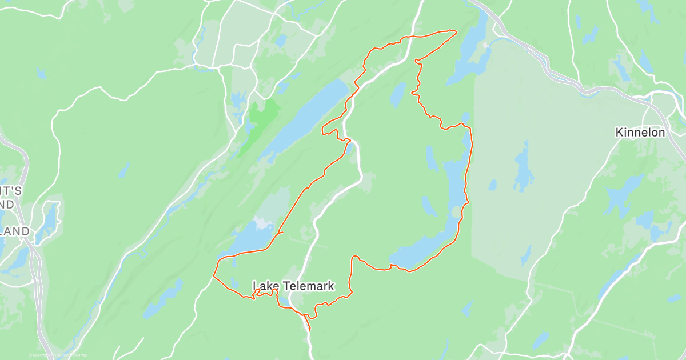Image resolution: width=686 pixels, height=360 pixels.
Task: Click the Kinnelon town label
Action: pyautogui.click(x=640, y=133)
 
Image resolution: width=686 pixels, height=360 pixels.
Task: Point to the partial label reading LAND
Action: pyautogui.click(x=14, y=231)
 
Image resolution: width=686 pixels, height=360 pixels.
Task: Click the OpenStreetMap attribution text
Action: pyautogui.click(x=58, y=355)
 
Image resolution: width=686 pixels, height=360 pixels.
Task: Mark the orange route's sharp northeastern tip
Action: pyautogui.click(x=456, y=31)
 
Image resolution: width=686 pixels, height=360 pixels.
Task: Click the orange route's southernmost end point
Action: pyautogui.click(x=310, y=330)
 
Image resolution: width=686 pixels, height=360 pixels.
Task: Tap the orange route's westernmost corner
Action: pyautogui.click(x=214, y=276)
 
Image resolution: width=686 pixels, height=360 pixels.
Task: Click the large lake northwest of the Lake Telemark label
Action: pyautogui.click(x=246, y=240)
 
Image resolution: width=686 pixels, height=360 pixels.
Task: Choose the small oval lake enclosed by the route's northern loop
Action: pyautogui.click(x=398, y=94)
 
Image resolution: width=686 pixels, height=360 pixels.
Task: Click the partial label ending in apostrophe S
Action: pyautogui.click(x=11, y=191)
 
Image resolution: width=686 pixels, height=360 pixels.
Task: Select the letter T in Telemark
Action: pyautogui.click(x=284, y=285)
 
